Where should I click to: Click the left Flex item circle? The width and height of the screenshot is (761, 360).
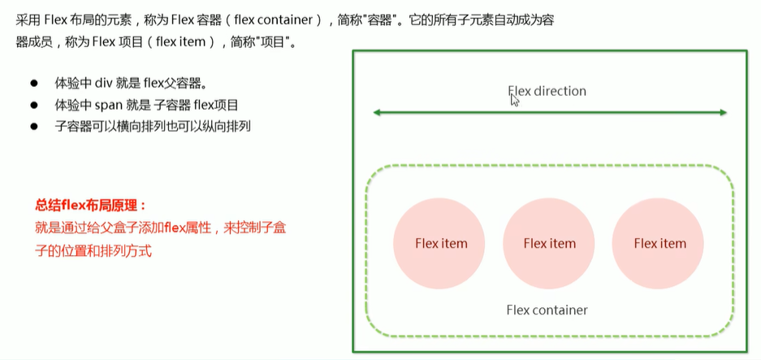(441, 243)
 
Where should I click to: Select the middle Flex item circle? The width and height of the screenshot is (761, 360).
(550, 243)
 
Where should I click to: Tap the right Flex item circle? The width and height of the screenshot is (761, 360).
(659, 243)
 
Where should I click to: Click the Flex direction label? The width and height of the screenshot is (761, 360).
(547, 91)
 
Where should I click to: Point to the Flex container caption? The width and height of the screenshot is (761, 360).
(547, 310)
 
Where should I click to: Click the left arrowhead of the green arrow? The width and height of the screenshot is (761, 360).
(378, 112)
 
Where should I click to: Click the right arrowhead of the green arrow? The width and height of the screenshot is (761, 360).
(721, 112)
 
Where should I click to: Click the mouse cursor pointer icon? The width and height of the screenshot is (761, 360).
(514, 100)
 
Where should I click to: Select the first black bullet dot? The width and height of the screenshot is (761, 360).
(34, 84)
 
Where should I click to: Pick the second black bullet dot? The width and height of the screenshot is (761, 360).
(34, 105)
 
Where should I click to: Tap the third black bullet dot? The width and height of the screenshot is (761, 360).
(34, 126)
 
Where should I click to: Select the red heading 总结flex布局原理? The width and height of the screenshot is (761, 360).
(90, 206)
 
